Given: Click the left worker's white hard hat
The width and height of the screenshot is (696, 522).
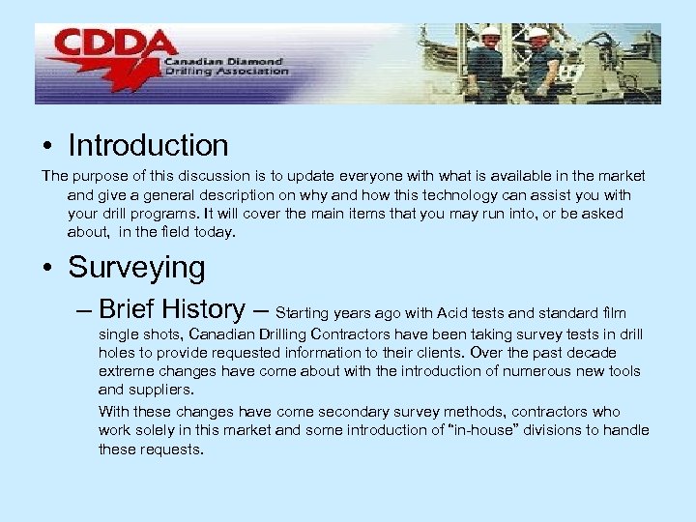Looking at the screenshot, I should point(490,32).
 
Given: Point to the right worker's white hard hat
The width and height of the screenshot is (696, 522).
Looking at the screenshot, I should point(537,34).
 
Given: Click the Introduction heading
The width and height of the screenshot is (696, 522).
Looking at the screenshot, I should point(148,146).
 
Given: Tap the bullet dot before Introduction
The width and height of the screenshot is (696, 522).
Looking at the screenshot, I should point(47,147).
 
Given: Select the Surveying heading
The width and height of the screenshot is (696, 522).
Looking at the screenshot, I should point(136,268).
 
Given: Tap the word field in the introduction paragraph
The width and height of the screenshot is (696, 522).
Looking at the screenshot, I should point(168,232).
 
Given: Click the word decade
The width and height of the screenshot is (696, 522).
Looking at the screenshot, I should point(592,353).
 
